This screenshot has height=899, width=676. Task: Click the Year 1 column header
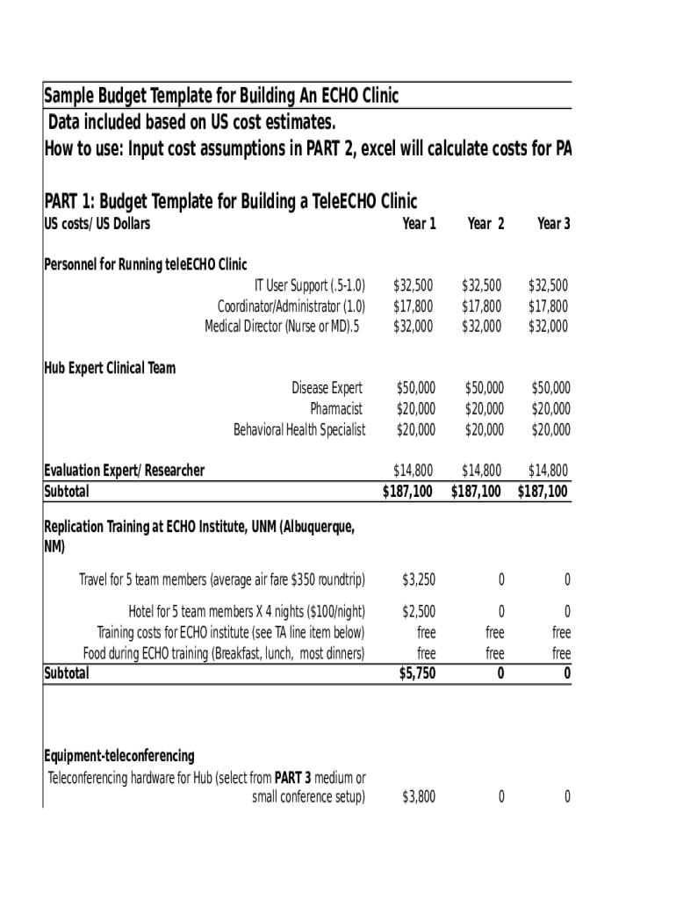click(419, 224)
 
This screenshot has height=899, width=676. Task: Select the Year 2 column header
click(485, 224)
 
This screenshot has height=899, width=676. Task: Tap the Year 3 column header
click(553, 224)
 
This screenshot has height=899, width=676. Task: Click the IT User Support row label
click(309, 285)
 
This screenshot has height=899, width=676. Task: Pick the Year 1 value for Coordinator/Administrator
click(413, 306)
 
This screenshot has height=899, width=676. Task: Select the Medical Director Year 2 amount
click(481, 326)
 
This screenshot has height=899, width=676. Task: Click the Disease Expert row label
click(327, 387)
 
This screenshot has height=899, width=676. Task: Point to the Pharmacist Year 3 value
click(550, 408)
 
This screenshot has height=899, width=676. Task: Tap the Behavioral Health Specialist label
click(298, 429)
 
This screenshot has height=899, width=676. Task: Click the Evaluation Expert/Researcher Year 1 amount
click(413, 471)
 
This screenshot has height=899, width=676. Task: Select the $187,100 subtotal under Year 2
click(476, 492)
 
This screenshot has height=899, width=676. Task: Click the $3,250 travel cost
click(418, 579)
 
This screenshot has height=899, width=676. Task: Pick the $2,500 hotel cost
click(418, 611)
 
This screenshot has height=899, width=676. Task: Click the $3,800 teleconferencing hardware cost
click(418, 797)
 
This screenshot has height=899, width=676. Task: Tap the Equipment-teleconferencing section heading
click(119, 756)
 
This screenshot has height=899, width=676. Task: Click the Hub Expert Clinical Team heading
click(110, 368)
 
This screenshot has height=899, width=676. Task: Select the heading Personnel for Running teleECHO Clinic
click(146, 264)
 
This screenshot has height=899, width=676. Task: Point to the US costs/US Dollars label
click(97, 224)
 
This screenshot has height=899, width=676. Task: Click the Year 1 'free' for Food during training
click(426, 653)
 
